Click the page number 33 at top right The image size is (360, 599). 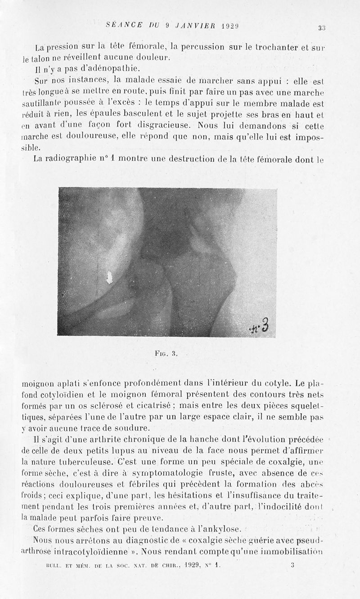click(x=321, y=28)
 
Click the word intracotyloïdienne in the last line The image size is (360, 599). click(x=78, y=550)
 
